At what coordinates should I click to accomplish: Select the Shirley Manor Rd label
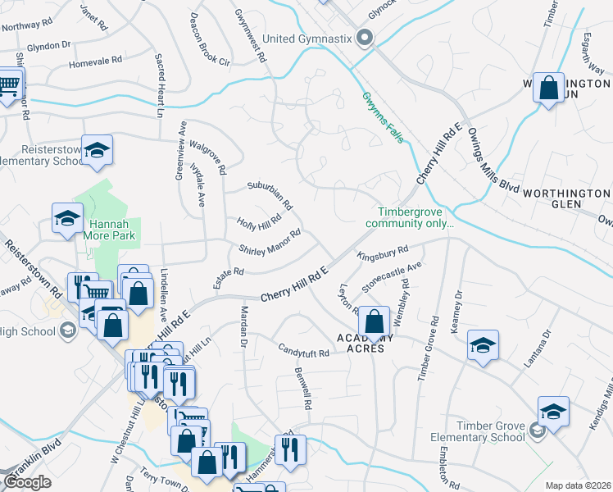[270, 241]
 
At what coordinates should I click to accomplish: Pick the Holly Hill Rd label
[259, 221]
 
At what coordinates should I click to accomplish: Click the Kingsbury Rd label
[382, 253]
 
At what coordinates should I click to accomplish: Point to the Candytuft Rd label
[302, 353]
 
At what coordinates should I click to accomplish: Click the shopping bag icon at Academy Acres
[375, 323]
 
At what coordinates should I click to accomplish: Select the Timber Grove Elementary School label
[478, 431]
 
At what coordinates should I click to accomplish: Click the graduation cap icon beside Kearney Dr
[483, 345]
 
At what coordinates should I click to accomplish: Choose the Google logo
[26, 482]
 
